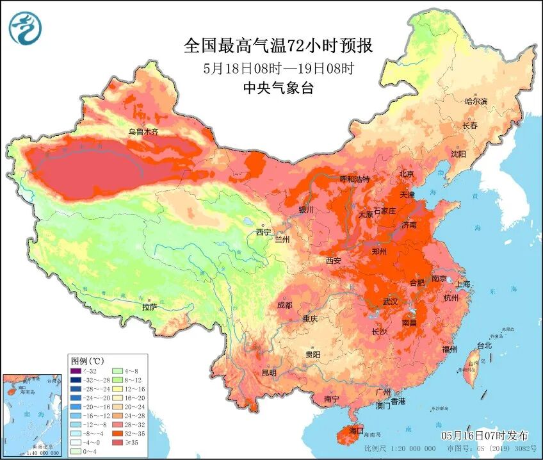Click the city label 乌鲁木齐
(x=142, y=132)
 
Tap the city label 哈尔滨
(x=476, y=101)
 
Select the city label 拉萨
(x=150, y=307)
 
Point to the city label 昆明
(x=269, y=372)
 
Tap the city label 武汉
(x=390, y=301)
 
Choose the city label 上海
(x=462, y=284)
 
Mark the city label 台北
(x=484, y=345)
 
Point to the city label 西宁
(x=264, y=232)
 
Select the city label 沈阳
(x=458, y=154)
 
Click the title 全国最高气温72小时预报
(x=278, y=45)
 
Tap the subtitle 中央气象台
(x=278, y=89)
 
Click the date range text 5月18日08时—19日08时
(x=279, y=68)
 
